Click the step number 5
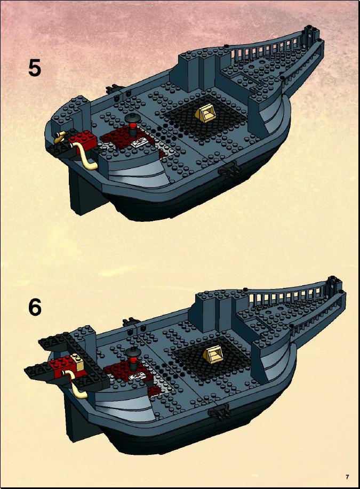point(35,68)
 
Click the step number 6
point(35,307)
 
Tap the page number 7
point(347,477)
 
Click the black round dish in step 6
point(134,352)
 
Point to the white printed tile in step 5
point(139,142)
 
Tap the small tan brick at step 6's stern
point(77,362)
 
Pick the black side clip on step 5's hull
point(229,170)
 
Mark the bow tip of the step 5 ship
point(309,29)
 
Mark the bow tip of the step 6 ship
point(333,279)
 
